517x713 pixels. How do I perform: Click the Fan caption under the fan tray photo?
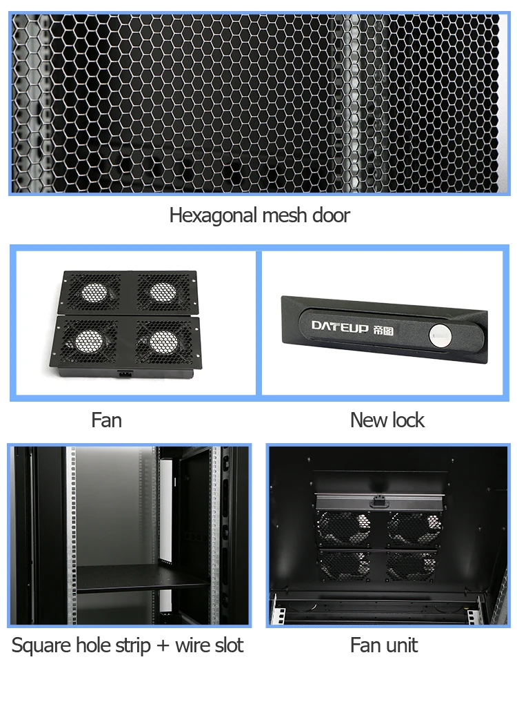pyautogui.click(x=106, y=420)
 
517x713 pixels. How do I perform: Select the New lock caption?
pyautogui.click(x=387, y=420)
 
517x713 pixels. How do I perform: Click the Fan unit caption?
pyautogui.click(x=384, y=646)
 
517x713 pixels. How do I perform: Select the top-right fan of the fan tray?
pyautogui.click(x=162, y=291)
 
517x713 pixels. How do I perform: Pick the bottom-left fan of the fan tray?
pyautogui.click(x=89, y=340)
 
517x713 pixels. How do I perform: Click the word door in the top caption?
pyautogui.click(x=330, y=215)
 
